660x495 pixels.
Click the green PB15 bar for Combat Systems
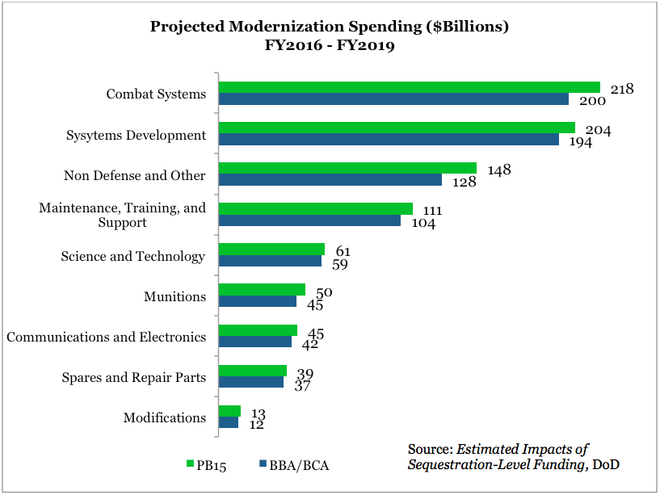click(x=409, y=87)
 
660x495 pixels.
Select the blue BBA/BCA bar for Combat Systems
click(x=393, y=99)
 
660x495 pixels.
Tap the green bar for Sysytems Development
click(x=397, y=128)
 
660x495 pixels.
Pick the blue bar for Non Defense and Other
click(x=330, y=180)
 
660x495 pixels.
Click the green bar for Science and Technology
click(x=271, y=249)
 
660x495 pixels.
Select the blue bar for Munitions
click(x=258, y=301)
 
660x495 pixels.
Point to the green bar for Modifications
click(x=229, y=411)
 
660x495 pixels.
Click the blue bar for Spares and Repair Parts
click(x=251, y=382)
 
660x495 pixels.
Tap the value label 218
click(x=621, y=89)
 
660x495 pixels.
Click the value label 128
click(x=464, y=182)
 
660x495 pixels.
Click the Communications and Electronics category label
click(x=106, y=337)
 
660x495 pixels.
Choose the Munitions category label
click(x=174, y=296)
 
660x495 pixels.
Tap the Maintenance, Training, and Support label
click(x=122, y=215)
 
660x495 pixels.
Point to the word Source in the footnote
click(x=430, y=450)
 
